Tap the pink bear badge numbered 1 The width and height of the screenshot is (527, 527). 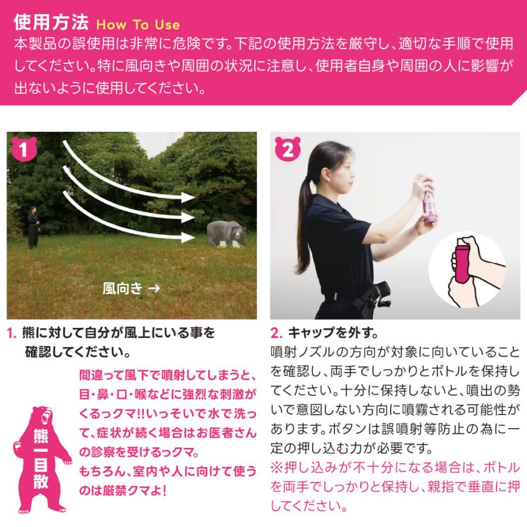click(x=23, y=150)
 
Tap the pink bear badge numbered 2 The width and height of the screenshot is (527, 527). click(x=287, y=150)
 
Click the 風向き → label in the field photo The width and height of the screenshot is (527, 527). click(x=131, y=288)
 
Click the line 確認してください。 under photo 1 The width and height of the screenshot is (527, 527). click(x=77, y=353)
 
